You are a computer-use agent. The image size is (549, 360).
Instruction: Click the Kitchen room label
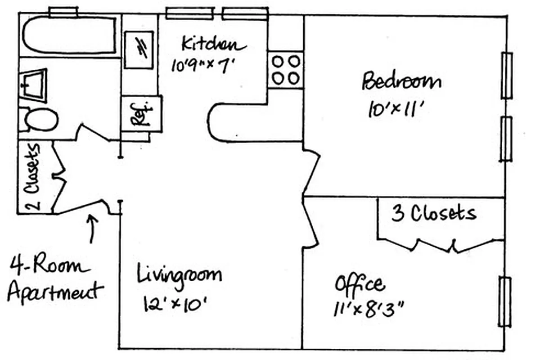click(214, 45)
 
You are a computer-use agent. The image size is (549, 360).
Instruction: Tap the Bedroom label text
click(401, 82)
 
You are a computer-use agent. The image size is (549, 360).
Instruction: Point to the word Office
click(360, 285)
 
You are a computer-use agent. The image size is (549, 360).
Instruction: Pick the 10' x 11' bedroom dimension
click(396, 109)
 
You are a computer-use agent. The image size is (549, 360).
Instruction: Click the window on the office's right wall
click(505, 301)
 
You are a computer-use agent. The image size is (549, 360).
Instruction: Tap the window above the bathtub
click(63, 12)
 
